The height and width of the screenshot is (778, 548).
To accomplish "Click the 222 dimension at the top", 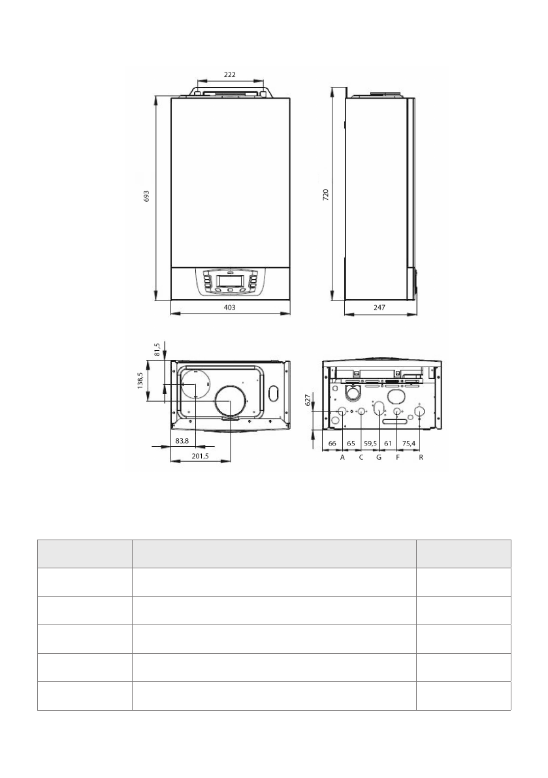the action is pos(230,75).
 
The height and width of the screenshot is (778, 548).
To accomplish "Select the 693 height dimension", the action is pos(146,197).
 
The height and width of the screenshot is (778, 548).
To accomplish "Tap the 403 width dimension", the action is pos(230,307).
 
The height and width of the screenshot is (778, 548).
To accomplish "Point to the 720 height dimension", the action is pos(325,194).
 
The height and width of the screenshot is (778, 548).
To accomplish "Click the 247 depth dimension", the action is pos(379,307).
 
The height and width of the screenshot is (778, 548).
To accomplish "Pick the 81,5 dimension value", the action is pos(157,349).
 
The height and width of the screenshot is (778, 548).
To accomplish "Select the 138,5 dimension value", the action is pos(140,381).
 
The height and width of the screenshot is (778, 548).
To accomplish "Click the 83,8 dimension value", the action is pos(182,440).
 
